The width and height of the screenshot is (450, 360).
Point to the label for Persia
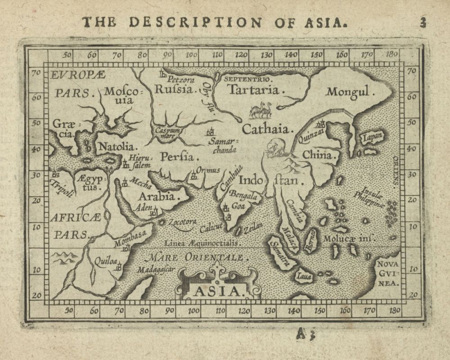pyautogui.click(x=180, y=157)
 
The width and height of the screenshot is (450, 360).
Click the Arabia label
pyautogui.click(x=156, y=197)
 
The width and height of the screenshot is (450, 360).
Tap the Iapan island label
pyautogui.click(x=372, y=135)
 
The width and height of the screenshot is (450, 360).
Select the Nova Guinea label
pyautogui.click(x=388, y=273)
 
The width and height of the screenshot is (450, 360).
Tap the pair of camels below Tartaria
pyautogui.click(x=260, y=110)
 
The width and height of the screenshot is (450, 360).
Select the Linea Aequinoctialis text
pyautogui.click(x=201, y=243)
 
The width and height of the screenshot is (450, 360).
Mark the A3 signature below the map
pyautogui.click(x=306, y=333)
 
